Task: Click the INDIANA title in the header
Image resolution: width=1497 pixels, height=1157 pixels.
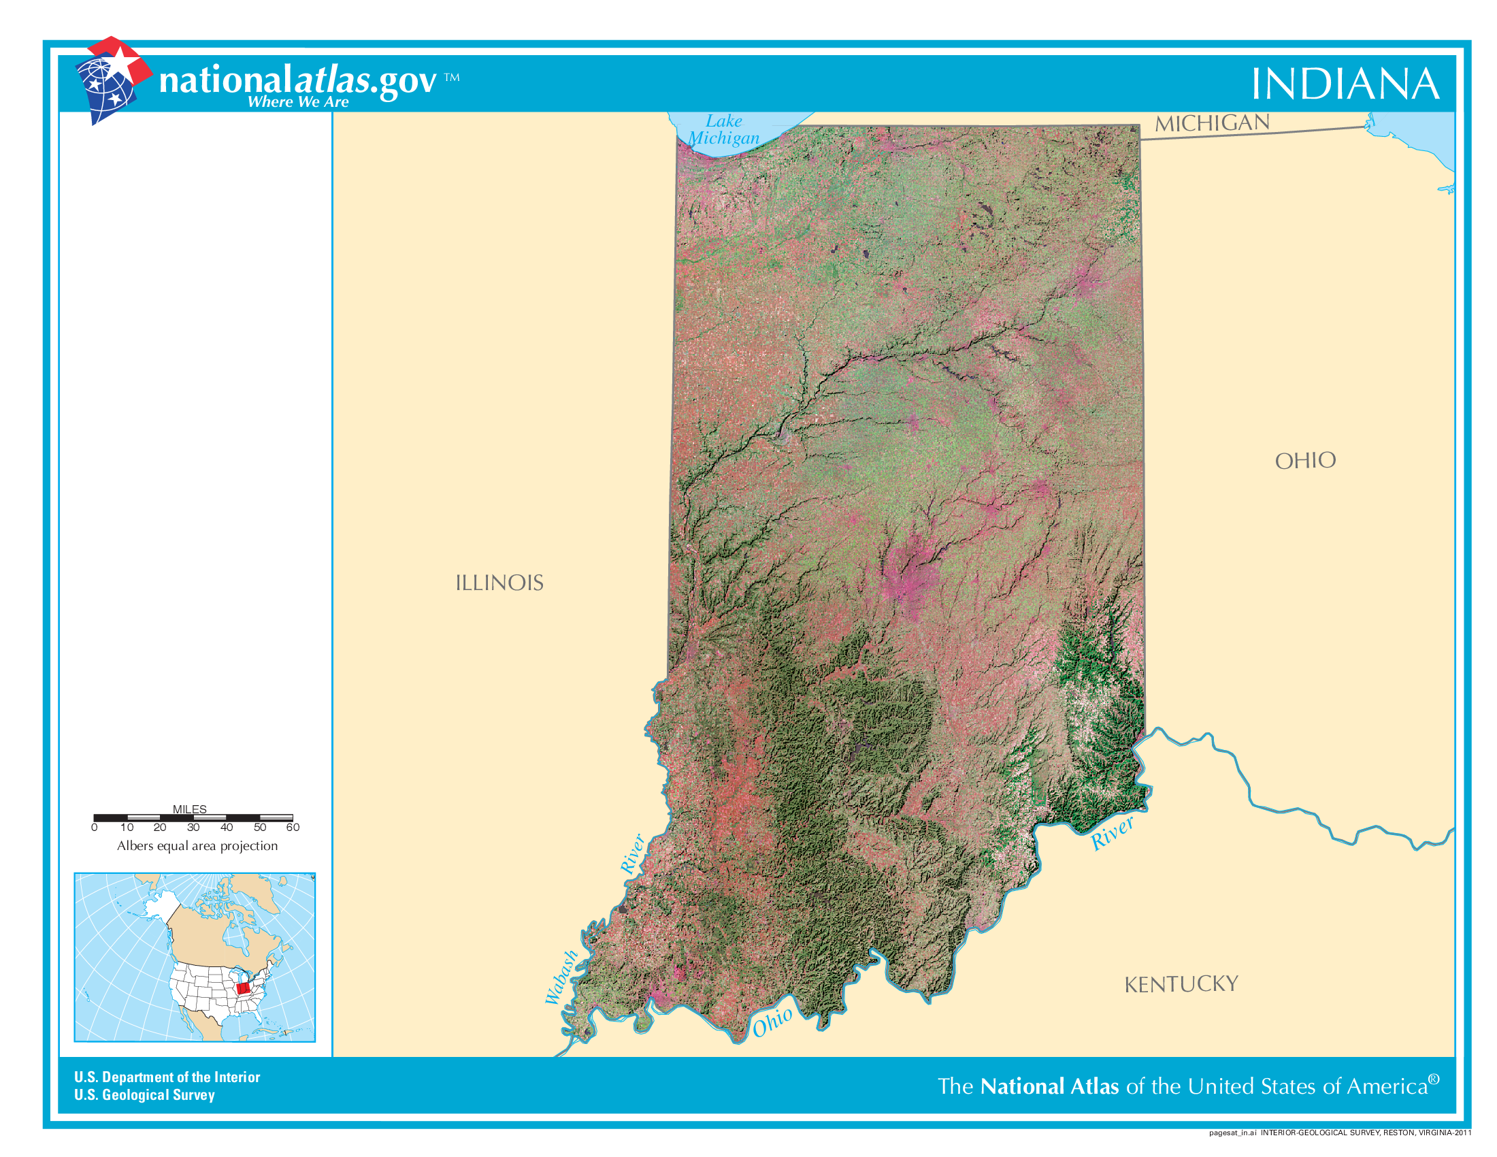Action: pos(1344,84)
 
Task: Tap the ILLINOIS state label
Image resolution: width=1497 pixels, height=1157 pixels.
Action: pos(499,583)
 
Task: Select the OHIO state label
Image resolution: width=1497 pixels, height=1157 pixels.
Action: pos(1305,461)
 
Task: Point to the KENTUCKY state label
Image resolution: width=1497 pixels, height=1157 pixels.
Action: pos(1181,985)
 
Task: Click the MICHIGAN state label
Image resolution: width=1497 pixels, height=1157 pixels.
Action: pos(1212,123)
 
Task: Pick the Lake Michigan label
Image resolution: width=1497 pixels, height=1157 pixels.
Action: pos(724,129)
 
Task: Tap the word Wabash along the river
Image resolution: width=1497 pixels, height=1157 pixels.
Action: pos(562,977)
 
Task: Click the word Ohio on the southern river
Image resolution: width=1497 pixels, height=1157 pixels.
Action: pos(772,1023)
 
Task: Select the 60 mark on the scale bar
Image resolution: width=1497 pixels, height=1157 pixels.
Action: pos(293,828)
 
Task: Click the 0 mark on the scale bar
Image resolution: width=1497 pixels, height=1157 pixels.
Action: pos(95,828)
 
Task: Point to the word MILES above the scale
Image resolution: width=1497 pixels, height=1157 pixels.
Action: pos(189,809)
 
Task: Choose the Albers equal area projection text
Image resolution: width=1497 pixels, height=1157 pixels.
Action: pos(197,846)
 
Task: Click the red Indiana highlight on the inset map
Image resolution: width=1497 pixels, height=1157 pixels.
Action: pos(243,988)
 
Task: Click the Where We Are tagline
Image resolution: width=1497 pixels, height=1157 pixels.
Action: pos(298,102)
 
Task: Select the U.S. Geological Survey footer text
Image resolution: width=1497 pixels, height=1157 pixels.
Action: pos(145,1094)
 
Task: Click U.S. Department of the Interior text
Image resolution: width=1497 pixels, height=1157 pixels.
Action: pos(167,1077)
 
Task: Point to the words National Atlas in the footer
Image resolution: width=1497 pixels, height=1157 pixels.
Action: pos(1049,1086)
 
